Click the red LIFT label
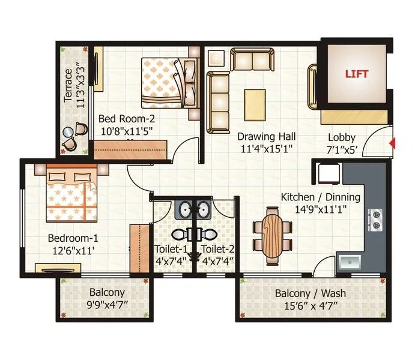click(x=356, y=75)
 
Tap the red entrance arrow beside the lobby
click(x=392, y=143)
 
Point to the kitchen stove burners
click(x=377, y=220)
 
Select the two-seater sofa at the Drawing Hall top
click(x=251, y=60)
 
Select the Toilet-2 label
click(x=216, y=249)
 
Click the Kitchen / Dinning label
click(x=321, y=197)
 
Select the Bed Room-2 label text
click(x=127, y=118)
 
